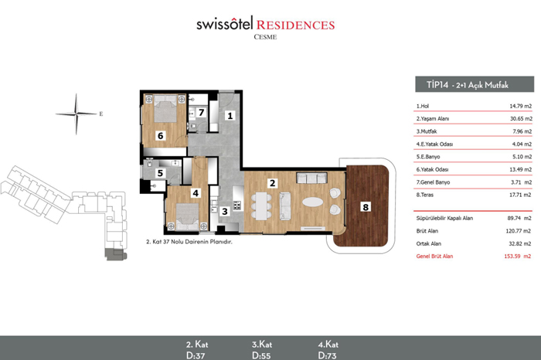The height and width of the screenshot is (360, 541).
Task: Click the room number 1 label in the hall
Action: coord(230,116)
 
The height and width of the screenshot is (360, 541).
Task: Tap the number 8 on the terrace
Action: coord(366,207)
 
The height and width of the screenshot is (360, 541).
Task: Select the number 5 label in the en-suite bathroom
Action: coord(160,173)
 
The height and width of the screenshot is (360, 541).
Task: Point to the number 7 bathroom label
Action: coord(201,113)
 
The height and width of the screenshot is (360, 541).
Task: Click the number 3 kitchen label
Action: coord(225,211)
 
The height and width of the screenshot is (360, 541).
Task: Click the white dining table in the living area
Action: coord(261,205)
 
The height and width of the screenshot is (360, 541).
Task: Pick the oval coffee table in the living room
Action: coord(313,202)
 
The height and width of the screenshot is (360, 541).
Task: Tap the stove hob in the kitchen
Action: coord(236,205)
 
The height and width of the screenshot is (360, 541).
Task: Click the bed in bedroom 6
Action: coord(165,108)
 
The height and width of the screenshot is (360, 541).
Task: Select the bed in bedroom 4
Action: coord(187,216)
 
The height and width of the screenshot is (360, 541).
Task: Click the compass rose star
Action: coord(77,114)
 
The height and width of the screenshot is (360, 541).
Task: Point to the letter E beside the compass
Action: coord(101,114)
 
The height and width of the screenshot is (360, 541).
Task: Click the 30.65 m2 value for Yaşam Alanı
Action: coord(521,119)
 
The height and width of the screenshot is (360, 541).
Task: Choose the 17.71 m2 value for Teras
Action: coord(521,195)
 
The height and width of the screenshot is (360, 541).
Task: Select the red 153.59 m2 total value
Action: coord(518,256)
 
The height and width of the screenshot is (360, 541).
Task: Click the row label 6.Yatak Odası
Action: coord(432,169)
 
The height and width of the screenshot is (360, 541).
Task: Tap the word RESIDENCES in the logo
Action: coord(295,25)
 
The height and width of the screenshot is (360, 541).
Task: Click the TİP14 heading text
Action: coord(437,84)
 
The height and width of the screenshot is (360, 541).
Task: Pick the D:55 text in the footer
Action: coord(261,355)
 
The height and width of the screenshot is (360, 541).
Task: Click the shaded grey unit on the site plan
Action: coord(116,254)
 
